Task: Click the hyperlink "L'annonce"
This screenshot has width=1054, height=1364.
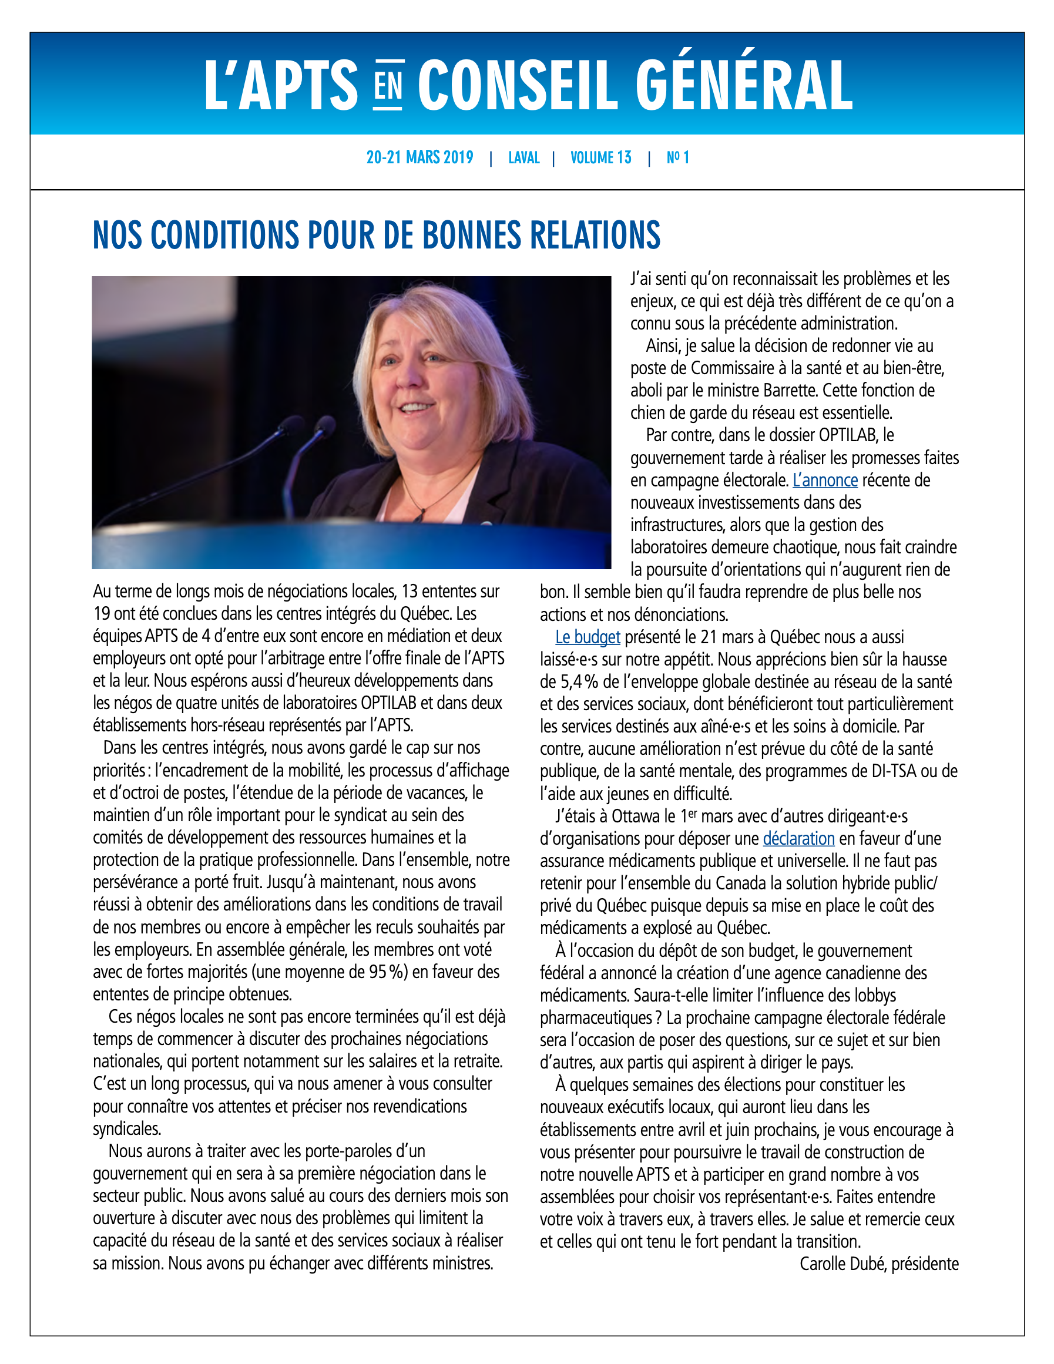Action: (825, 481)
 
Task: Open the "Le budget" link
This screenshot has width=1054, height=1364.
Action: (588, 637)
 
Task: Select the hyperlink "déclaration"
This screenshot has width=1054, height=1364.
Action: (798, 839)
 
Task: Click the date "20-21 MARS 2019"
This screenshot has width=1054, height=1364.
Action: (420, 157)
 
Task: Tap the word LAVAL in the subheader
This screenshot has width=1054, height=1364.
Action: (523, 157)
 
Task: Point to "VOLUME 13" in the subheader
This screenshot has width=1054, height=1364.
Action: (600, 157)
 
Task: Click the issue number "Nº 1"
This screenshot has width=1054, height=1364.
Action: (677, 157)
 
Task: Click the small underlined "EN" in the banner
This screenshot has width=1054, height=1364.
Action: (388, 86)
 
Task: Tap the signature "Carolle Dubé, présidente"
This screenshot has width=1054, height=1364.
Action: (878, 1264)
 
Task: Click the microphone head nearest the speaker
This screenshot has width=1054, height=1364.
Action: (325, 427)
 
